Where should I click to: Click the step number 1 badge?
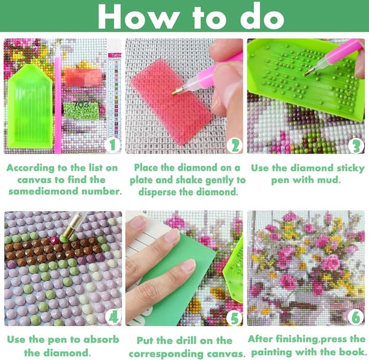pyautogui.click(x=113, y=145)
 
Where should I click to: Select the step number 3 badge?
pyautogui.click(x=356, y=146)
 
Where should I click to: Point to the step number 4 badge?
pyautogui.click(x=113, y=317)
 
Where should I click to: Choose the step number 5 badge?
pyautogui.click(x=234, y=318)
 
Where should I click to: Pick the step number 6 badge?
pyautogui.click(x=356, y=317)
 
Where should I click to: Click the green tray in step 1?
pyautogui.click(x=30, y=106)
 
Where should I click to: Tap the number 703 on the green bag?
pyautogui.click(x=81, y=104)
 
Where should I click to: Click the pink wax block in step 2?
pyautogui.click(x=172, y=101)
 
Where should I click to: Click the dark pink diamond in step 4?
pyautogui.click(x=55, y=240)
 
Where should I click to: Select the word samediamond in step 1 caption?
pyautogui.click(x=44, y=192)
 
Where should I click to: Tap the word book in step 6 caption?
pyautogui.click(x=353, y=352)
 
